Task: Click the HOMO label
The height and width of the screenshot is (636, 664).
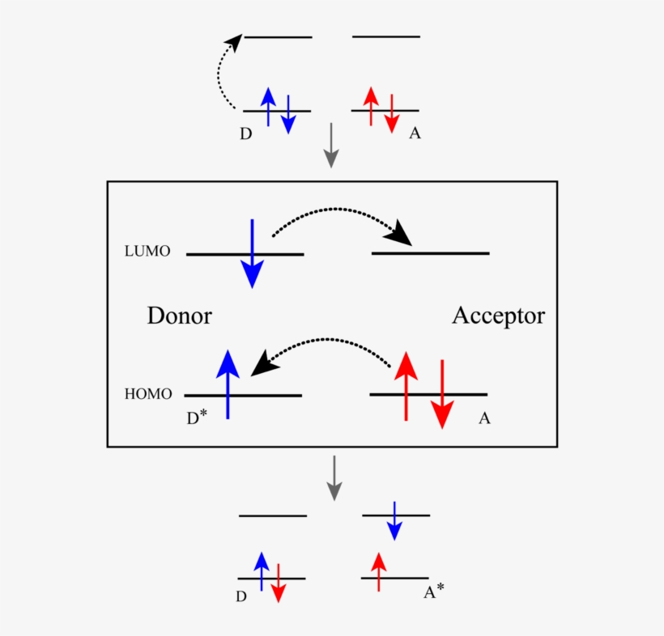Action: [x=148, y=395]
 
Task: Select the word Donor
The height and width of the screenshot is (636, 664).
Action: [x=179, y=316]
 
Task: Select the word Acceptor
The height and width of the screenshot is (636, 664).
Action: [x=498, y=316]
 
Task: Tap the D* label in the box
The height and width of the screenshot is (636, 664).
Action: [x=197, y=415]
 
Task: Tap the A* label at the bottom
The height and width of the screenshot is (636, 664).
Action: [x=434, y=593]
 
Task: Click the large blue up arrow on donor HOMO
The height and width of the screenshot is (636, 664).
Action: [x=228, y=384]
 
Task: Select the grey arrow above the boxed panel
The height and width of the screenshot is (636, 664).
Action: [x=330, y=147]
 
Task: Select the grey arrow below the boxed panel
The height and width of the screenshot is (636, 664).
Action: [x=334, y=478]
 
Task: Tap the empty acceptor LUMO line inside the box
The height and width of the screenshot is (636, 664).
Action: [x=430, y=253]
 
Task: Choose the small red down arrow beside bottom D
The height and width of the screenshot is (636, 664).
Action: [x=278, y=583]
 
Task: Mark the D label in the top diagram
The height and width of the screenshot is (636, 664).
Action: [x=245, y=134]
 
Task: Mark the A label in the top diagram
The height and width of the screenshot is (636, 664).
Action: [x=415, y=133]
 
